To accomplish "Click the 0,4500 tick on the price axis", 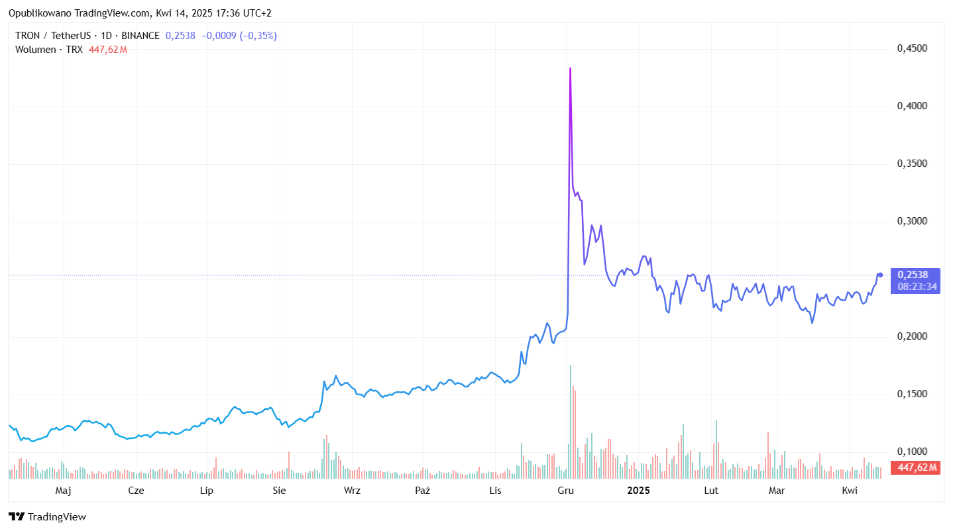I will pos(911,48).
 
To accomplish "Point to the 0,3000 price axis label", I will pos(911,221).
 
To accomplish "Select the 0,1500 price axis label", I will pos(911,394).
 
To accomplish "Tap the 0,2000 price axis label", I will pos(911,336).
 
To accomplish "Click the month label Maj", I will pos(63,491).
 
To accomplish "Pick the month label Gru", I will pos(565,491).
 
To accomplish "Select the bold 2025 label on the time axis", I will pos(639,491).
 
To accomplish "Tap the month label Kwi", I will pos(850,491).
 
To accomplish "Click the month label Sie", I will pos(279,491).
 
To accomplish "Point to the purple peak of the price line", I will pos(570,69).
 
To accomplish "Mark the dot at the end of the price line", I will pos(880,275).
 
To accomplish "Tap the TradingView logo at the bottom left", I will pos(47,517).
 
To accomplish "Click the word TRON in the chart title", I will pos(28,36).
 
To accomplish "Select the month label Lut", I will pos(711,491).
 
